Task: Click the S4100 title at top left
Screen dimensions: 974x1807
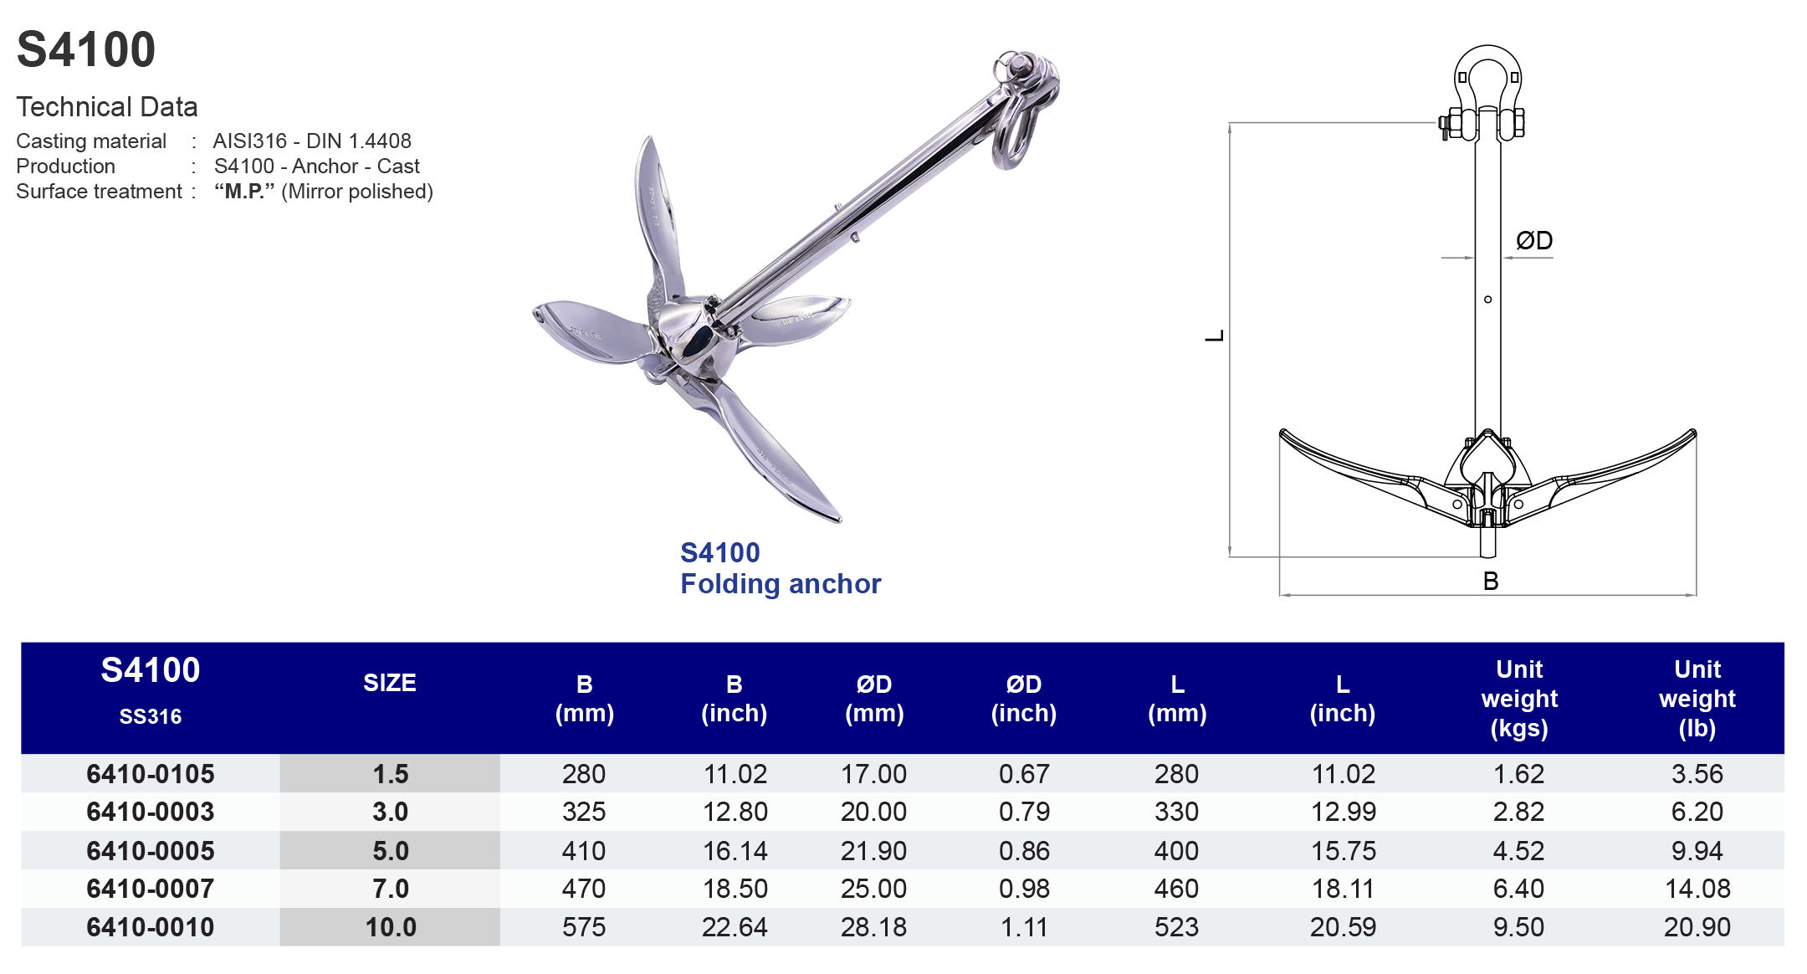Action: coord(86,49)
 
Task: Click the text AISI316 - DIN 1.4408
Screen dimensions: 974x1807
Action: coord(312,141)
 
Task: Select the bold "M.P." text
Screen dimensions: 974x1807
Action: coord(244,192)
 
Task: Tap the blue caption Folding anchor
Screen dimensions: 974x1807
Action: coord(780,583)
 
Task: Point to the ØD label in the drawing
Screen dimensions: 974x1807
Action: coord(1534,241)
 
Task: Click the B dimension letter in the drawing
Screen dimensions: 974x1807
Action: coord(1490,581)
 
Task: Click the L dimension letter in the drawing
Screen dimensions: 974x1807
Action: coord(1215,336)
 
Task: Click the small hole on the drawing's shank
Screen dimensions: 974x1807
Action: coord(1487,300)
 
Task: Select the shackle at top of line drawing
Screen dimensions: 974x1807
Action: coord(1487,92)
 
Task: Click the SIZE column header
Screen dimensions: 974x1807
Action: coord(389,683)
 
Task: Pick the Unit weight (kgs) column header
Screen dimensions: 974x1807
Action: coord(1518,698)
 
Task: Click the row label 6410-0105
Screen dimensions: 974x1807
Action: coord(151,774)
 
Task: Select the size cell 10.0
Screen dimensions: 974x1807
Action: coord(391,927)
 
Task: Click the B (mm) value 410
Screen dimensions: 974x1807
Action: coord(583,851)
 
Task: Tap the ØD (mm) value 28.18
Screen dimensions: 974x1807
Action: coord(873,927)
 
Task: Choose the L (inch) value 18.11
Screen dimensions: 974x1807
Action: coord(1342,889)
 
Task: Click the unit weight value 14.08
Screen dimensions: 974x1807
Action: coord(1697,889)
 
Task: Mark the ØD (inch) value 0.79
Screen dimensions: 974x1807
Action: coord(1023,812)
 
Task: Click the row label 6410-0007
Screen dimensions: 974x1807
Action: coord(151,889)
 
